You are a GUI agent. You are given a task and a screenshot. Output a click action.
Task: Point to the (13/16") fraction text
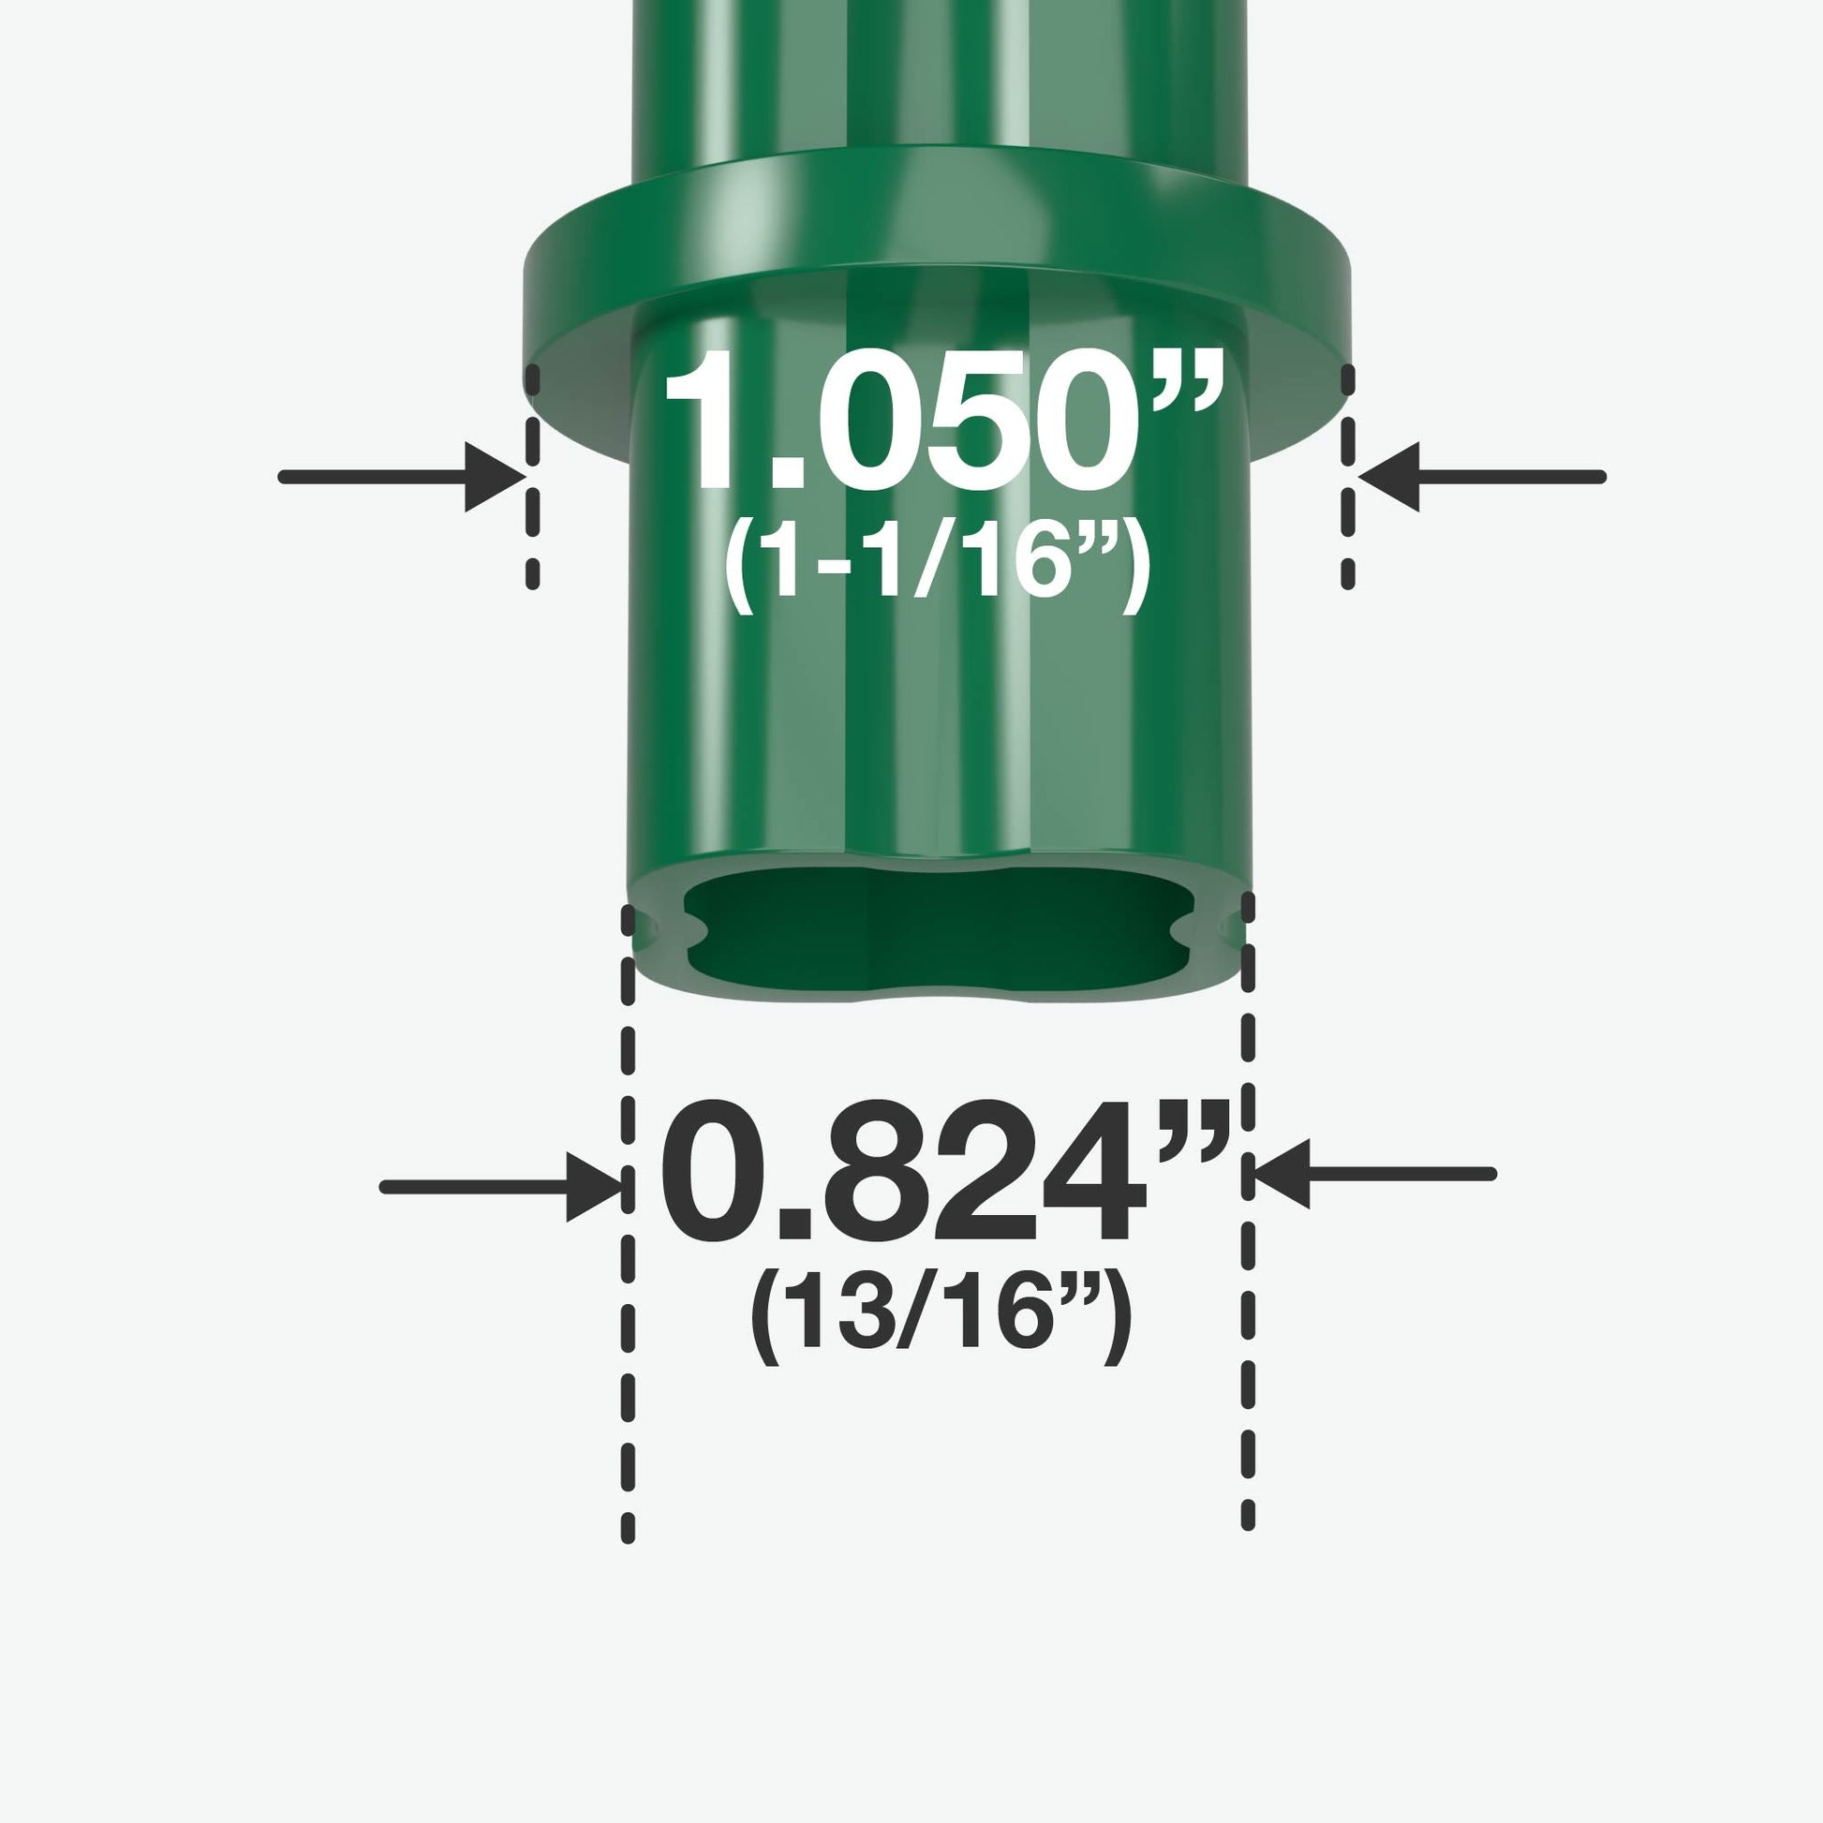[x=939, y=1317]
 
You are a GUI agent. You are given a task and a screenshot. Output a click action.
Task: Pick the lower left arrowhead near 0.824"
[x=595, y=1187]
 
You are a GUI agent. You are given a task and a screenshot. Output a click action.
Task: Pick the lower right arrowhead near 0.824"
[x=1282, y=1174]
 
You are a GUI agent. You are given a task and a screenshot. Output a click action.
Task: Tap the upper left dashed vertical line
[x=532, y=477]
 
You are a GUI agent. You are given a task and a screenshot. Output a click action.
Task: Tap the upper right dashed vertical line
[x=1348, y=477]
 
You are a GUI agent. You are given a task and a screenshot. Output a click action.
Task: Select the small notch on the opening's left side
[x=696, y=933]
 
